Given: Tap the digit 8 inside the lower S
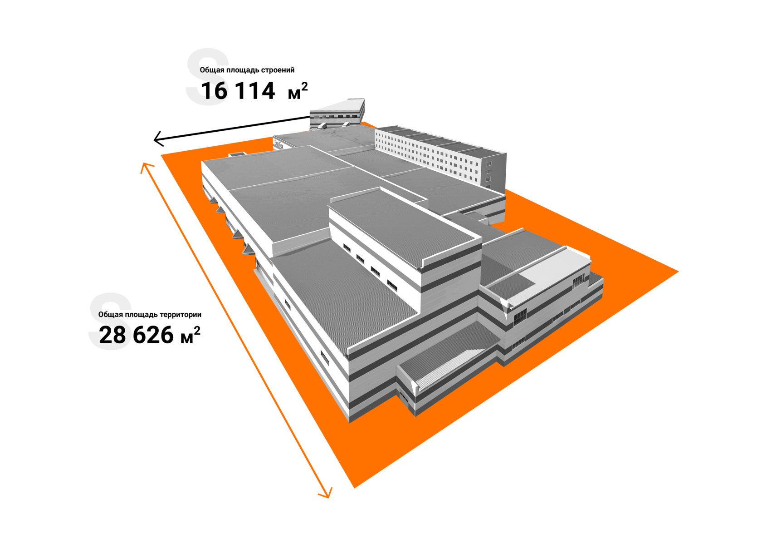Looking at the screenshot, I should [x=117, y=336].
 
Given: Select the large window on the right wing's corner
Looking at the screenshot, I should [x=519, y=317].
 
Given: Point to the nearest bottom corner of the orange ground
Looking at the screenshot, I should [x=354, y=488].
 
